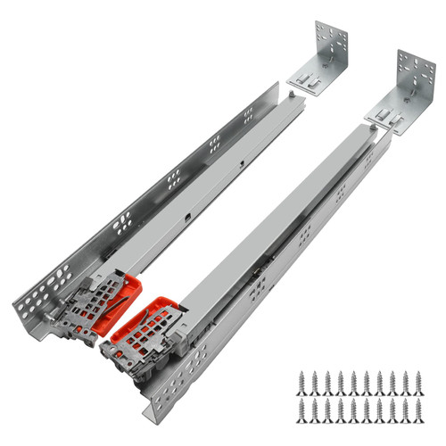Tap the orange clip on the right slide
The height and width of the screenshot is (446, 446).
[150, 312]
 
